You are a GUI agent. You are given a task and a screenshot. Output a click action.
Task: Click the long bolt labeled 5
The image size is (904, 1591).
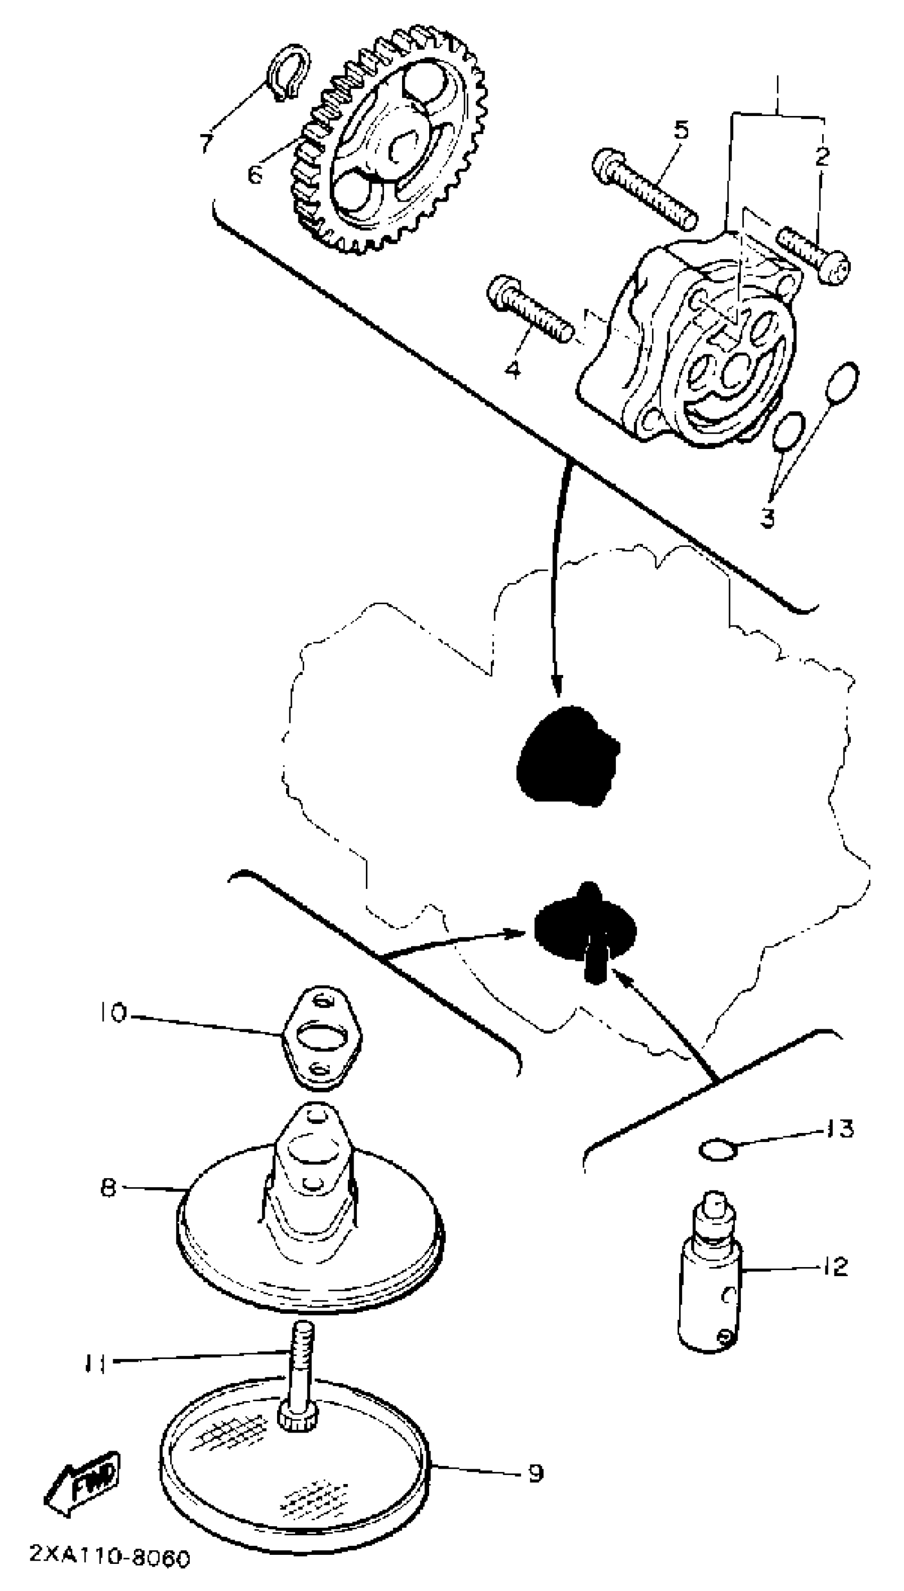[646, 188]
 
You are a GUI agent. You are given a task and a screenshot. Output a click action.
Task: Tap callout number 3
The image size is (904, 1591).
[768, 517]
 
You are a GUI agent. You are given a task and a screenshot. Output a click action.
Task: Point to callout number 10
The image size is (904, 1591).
[112, 1013]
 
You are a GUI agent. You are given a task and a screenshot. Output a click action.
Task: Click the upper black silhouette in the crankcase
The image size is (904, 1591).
[566, 756]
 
